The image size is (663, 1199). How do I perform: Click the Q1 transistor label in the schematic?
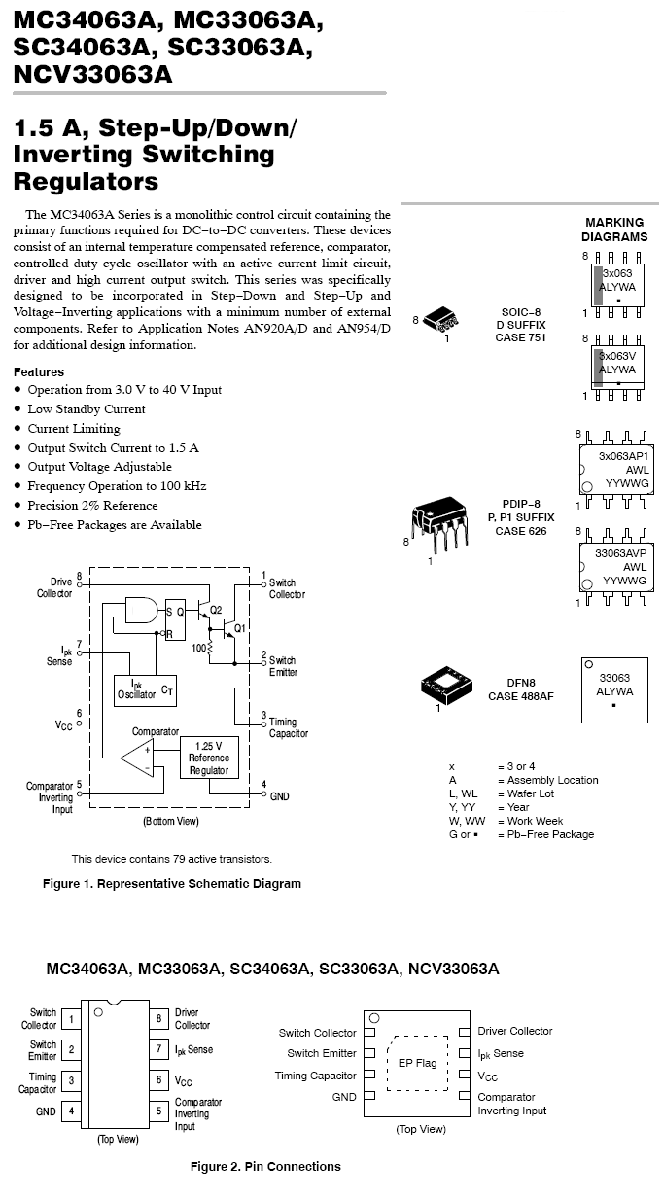[x=240, y=628]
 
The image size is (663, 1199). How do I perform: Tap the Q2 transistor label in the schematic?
[x=216, y=610]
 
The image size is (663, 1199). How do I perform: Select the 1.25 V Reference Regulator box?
[x=209, y=758]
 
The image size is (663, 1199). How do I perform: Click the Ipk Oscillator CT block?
[x=145, y=690]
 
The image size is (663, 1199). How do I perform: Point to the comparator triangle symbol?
[x=137, y=758]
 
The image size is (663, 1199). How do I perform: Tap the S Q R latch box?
[x=175, y=619]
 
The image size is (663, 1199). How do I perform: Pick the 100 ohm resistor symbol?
[x=209, y=648]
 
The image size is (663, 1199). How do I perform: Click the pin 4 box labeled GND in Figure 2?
[x=71, y=1111]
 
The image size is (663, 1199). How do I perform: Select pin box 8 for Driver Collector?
[x=158, y=1018]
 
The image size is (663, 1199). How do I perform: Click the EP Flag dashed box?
[x=417, y=1063]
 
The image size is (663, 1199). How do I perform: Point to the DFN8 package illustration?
[x=446, y=686]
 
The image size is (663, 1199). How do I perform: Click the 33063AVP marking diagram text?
[x=621, y=553]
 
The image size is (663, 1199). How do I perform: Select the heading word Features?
[x=39, y=372]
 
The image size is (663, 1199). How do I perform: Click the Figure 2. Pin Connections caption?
[x=265, y=1166]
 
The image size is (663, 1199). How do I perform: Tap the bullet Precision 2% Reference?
[x=92, y=506]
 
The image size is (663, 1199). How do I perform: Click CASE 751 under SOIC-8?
[x=520, y=337]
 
